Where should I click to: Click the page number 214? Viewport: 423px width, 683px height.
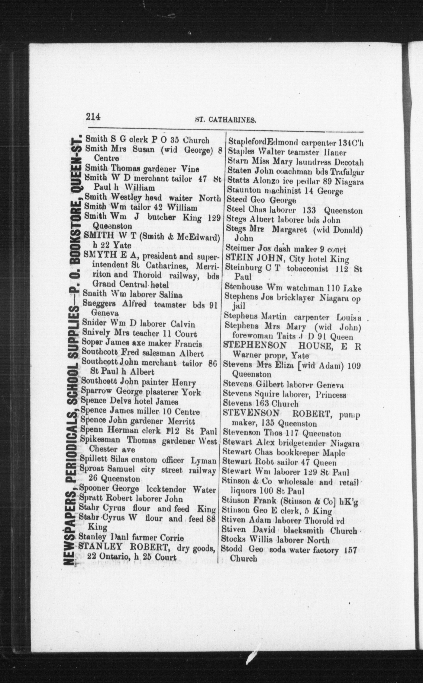point(93,117)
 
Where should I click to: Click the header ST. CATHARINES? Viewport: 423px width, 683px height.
point(226,120)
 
